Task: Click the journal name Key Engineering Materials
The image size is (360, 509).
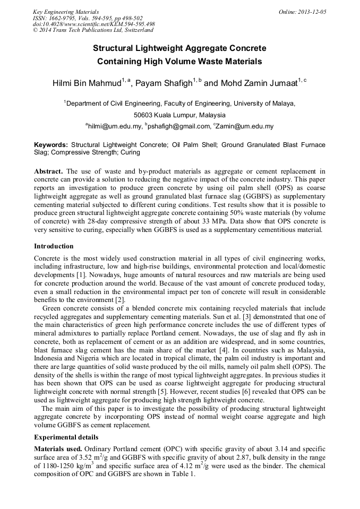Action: [x=65, y=12]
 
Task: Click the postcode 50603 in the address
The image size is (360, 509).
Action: [x=144, y=115]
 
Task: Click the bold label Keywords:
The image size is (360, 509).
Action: [x=51, y=144]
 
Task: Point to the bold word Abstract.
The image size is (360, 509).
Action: [x=49, y=171]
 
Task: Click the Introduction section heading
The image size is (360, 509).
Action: [x=54, y=246]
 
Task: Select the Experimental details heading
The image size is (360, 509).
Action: [x=66, y=437]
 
